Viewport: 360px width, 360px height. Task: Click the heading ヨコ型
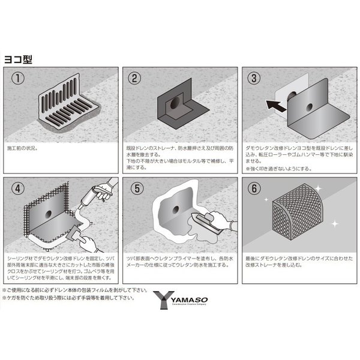[20, 60]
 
